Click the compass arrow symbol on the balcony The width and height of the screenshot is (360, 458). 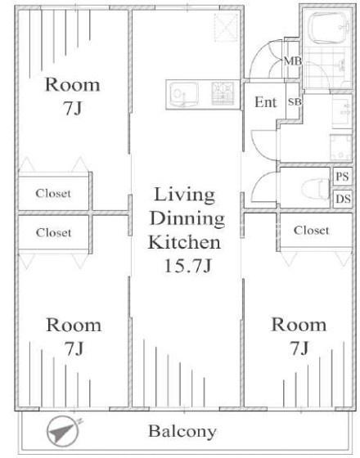(63, 432)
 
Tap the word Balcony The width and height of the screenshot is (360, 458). (182, 432)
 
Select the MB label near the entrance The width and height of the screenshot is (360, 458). (293, 61)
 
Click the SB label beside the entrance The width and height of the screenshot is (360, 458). (295, 102)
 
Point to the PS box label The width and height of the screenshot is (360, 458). (343, 177)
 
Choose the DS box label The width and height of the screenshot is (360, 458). (343, 199)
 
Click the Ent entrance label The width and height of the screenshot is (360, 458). (265, 102)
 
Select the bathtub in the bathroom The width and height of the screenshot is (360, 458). (328, 28)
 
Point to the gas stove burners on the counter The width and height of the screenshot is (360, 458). (223, 93)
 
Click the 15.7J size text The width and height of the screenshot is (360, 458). (187, 266)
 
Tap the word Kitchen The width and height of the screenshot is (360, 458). (184, 242)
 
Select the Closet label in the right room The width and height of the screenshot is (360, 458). (311, 230)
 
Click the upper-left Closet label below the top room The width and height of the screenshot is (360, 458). (53, 193)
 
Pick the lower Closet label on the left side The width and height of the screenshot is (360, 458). (53, 233)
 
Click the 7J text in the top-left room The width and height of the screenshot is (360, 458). (73, 109)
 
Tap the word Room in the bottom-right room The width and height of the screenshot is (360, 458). (299, 325)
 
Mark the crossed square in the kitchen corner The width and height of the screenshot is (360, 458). (226, 27)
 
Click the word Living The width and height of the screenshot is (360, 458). (185, 195)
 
